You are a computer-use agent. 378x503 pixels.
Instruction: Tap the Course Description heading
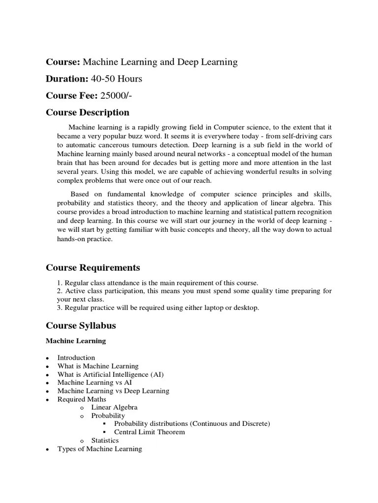pyautogui.click(x=88, y=112)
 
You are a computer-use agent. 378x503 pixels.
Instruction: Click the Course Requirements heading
pyautogui.click(x=93, y=268)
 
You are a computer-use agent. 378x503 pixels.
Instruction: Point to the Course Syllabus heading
pyautogui.click(x=81, y=326)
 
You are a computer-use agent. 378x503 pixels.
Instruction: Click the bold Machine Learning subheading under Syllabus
pyautogui.click(x=76, y=341)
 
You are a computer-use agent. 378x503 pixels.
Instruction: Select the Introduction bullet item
pyautogui.click(x=76, y=358)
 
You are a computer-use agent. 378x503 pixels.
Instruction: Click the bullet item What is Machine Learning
pyautogui.click(x=98, y=366)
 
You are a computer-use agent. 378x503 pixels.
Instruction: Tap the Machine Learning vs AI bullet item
pyautogui.click(x=94, y=383)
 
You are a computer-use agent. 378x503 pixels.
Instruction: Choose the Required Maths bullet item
pyautogui.click(x=82, y=399)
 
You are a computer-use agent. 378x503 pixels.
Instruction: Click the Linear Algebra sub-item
pyautogui.click(x=114, y=408)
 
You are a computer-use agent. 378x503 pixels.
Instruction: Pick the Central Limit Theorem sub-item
pyautogui.click(x=149, y=432)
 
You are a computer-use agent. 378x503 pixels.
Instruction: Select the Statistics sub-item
pyautogui.click(x=105, y=441)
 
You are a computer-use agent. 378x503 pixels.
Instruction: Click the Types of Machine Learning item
pyautogui.click(x=99, y=449)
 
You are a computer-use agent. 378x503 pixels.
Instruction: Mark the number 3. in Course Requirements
pyautogui.click(x=60, y=308)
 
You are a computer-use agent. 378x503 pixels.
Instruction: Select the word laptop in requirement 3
pyautogui.click(x=212, y=308)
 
